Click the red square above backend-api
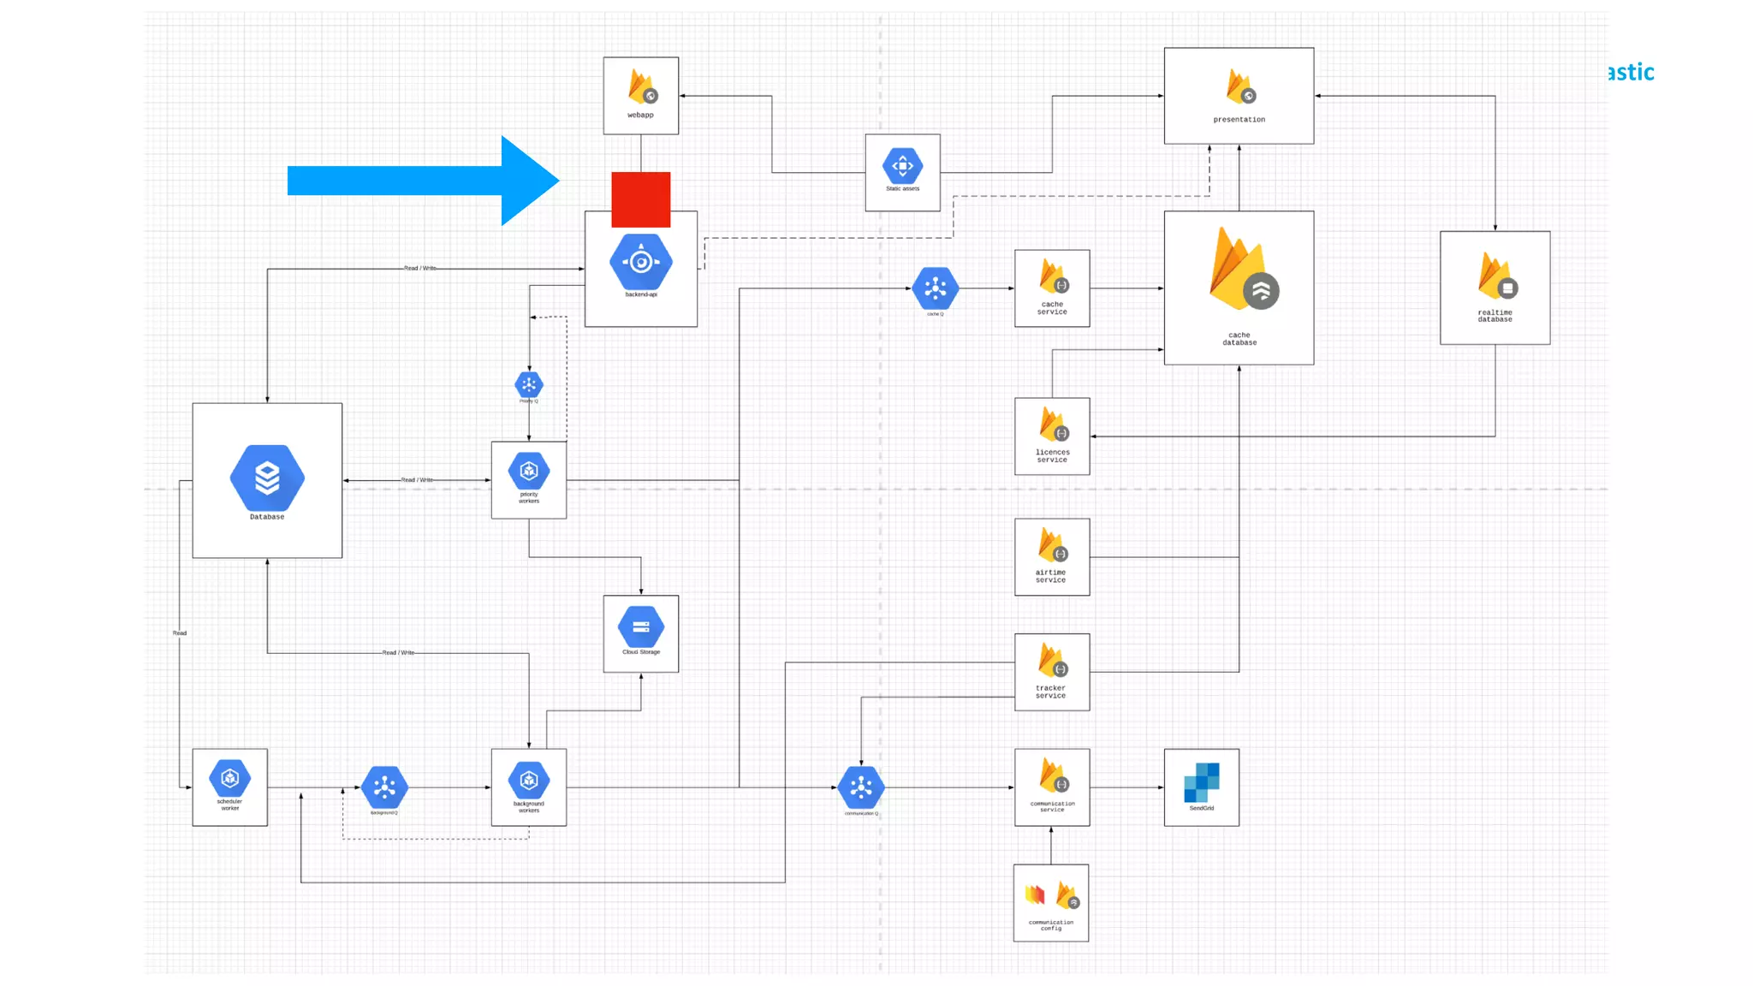pos(640,199)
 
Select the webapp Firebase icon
pos(642,86)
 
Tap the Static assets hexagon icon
pos(902,165)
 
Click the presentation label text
pos(1239,120)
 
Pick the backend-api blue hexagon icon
pos(641,262)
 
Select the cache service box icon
pos(1053,276)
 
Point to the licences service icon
pos(1053,425)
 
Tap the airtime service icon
pos(1052,545)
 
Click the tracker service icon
pos(1052,661)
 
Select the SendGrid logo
pos(1202,782)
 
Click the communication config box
pos(1051,902)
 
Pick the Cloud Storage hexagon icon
pos(641,627)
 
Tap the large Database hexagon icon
pos(267,478)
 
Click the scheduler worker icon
pos(230,778)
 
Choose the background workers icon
pos(529,780)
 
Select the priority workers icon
pos(529,471)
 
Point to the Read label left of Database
pos(180,633)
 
